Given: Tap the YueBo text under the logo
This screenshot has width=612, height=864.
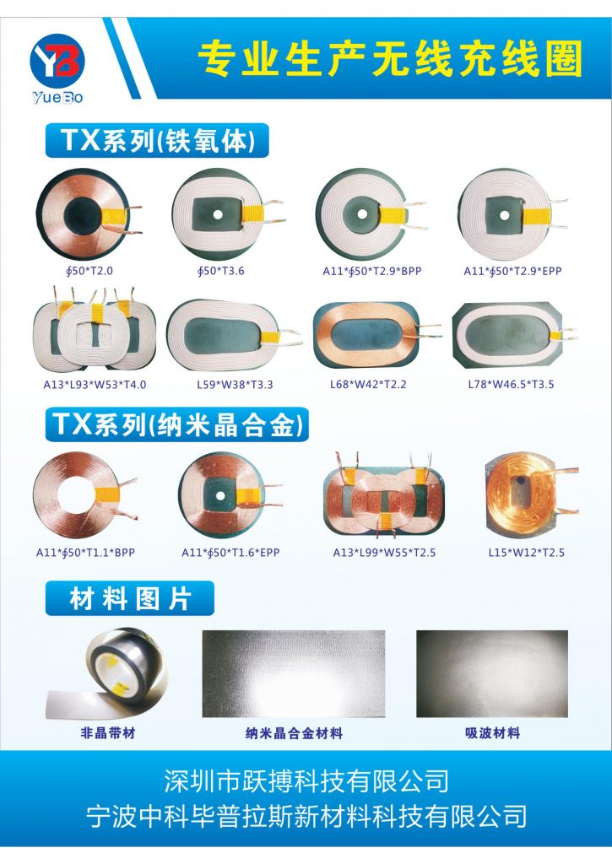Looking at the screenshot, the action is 57,98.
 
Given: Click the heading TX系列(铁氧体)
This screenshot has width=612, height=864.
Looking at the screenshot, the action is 157,141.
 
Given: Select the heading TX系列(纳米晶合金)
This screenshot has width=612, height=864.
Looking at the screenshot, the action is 177,424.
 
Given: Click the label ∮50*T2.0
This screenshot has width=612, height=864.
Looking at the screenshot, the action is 89,271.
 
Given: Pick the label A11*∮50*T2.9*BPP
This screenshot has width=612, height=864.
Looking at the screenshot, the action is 372,271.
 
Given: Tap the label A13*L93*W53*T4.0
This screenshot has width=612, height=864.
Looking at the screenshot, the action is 95,385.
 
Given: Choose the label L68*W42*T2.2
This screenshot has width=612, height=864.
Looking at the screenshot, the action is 368,385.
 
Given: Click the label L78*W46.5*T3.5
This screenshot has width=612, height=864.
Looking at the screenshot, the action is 511,385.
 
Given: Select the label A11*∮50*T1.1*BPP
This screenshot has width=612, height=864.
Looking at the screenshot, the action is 85,553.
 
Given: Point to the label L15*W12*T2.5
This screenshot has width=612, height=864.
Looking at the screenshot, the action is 527,553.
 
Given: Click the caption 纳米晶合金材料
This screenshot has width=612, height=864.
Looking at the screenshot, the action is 294,733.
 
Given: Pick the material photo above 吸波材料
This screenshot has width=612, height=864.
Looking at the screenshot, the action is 492,674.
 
